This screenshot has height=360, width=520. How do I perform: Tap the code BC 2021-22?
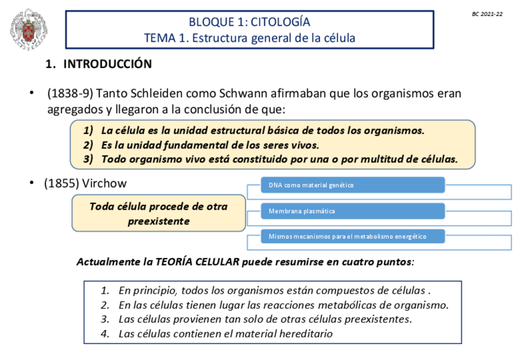coord(487,13)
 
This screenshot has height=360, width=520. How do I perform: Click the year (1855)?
coord(64,183)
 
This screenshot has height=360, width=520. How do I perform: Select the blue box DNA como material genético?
coord(346,185)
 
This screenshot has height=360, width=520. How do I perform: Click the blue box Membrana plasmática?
coord(346,211)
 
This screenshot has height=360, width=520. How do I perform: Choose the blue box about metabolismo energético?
coord(346,236)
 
